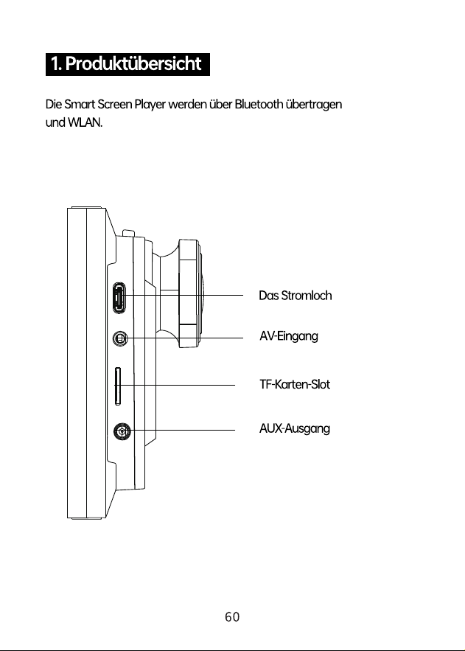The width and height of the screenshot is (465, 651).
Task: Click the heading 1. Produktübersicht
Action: (127, 64)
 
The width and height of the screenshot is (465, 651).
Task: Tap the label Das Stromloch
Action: (296, 296)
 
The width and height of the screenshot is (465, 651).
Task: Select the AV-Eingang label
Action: (289, 336)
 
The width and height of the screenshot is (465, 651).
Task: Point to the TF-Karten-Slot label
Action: (295, 384)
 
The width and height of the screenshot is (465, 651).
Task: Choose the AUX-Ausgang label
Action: (295, 428)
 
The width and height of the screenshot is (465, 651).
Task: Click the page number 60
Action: (232, 617)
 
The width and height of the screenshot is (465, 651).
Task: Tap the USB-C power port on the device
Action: (119, 297)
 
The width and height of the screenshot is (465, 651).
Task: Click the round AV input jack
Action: (120, 339)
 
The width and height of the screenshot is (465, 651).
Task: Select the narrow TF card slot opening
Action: (118, 386)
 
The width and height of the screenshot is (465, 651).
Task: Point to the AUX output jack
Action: (122, 432)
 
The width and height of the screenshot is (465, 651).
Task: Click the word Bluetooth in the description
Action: (259, 104)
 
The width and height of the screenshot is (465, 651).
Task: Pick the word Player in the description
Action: (150, 105)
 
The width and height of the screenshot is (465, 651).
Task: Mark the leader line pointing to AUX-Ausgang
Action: (179, 431)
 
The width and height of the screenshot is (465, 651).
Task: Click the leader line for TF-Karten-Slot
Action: (175, 386)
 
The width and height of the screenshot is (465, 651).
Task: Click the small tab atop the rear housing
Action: (127, 233)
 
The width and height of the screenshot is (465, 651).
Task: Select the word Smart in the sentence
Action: (80, 104)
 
